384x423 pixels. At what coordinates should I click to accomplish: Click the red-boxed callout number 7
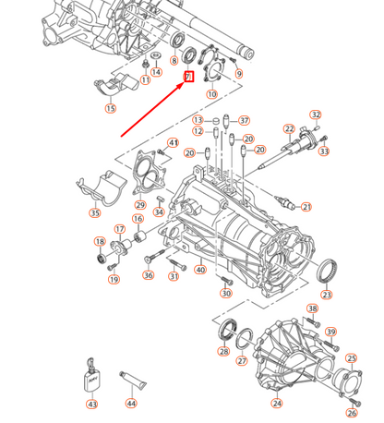click(189, 77)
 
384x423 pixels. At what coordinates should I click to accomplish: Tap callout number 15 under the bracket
click(111, 108)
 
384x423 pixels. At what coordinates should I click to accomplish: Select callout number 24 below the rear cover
click(277, 403)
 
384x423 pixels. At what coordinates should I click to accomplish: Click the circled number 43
click(92, 404)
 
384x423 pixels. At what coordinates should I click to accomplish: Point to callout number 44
click(131, 403)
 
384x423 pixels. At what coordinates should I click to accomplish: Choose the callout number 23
click(327, 295)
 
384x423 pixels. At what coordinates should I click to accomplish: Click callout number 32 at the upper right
click(316, 115)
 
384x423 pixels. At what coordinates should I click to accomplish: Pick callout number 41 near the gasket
click(174, 143)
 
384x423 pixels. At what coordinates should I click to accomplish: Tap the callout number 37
click(245, 120)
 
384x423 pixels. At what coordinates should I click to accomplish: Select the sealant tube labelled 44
click(133, 381)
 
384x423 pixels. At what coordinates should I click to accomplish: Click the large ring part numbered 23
click(326, 271)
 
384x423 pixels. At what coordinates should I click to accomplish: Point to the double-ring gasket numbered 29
click(147, 174)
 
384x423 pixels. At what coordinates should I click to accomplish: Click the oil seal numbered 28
click(228, 330)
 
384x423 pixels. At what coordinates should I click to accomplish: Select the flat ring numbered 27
click(245, 339)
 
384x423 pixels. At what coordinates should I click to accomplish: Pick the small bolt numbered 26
click(354, 402)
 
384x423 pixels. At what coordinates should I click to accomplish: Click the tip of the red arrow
click(184, 83)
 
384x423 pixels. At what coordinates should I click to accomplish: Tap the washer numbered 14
click(156, 55)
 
